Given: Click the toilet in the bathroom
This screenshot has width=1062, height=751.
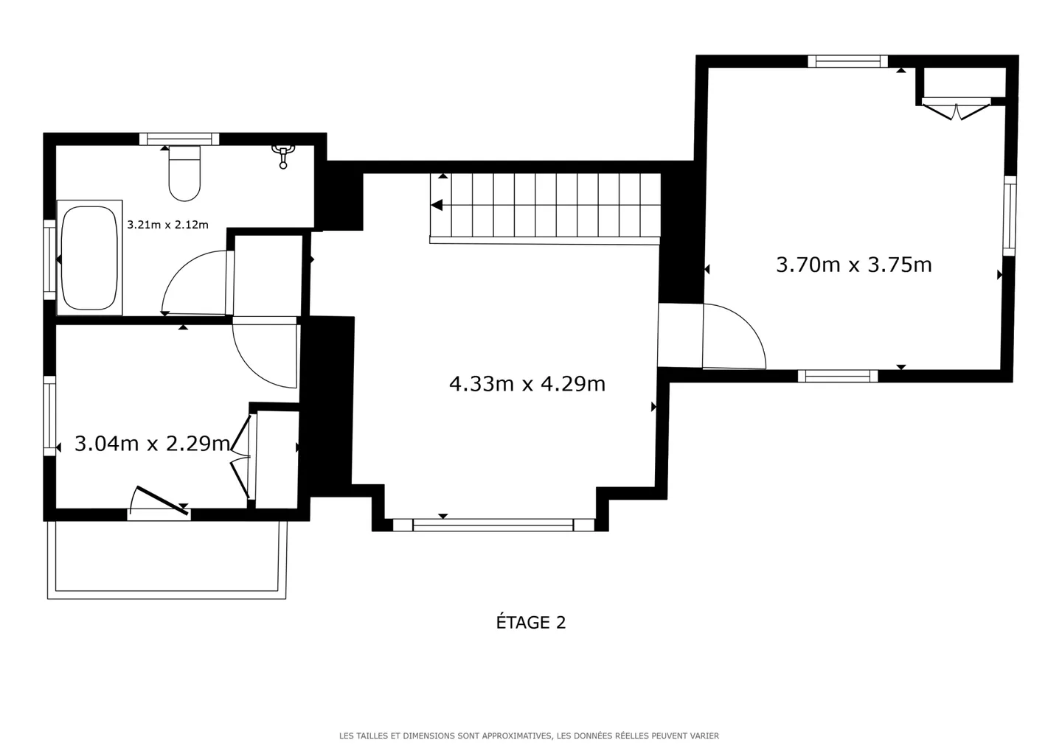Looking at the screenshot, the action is point(184,173).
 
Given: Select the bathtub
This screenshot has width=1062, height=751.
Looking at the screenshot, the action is point(90,258).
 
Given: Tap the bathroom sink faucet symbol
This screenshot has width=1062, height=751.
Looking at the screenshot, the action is point(283,156).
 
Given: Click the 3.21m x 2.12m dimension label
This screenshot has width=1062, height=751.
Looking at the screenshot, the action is point(168,225).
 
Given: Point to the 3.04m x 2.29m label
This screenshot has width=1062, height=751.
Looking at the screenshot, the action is point(152,444).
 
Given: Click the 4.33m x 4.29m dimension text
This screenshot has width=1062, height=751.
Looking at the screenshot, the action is point(527,384).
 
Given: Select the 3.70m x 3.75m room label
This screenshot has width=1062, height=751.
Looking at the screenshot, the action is point(854,265).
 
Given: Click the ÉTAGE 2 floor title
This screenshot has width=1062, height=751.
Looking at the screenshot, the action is point(531,623).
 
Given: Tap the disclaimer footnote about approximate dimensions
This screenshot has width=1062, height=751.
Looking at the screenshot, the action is point(529,736).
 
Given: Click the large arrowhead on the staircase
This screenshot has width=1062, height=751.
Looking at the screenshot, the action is point(437,205).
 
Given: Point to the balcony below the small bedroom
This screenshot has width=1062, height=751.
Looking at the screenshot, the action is point(167,560).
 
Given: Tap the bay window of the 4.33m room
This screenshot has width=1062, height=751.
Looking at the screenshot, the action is point(493,525).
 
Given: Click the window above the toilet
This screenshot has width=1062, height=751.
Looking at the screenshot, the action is point(179,139).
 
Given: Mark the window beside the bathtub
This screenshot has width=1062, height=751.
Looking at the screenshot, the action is point(50,259).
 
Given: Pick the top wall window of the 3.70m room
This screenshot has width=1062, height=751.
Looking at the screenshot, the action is point(847,62).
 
